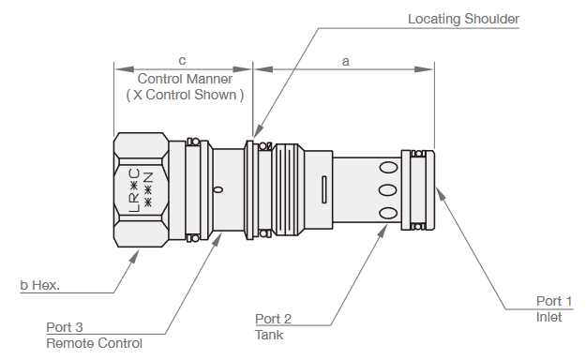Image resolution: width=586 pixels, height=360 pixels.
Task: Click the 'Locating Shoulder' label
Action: coord(463,19)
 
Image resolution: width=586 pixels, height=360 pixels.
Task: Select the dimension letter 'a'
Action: coord(345,61)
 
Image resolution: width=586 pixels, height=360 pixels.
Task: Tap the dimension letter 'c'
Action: coord(182,61)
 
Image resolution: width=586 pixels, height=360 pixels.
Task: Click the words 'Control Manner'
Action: coord(185,79)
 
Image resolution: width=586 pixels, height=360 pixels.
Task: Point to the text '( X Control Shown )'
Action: coord(185,95)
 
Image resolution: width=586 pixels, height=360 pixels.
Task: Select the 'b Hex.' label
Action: coord(39,285)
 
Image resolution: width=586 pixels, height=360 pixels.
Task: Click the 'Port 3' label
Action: coord(65,327)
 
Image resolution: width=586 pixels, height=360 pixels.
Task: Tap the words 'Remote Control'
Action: coord(94,343)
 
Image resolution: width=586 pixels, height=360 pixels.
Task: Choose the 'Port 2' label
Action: coord(274,318)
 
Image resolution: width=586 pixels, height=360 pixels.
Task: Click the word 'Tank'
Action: coord(268,335)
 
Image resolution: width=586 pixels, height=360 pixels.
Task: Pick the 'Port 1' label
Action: coord(553,301)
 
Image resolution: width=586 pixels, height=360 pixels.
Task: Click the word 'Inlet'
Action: coord(548,316)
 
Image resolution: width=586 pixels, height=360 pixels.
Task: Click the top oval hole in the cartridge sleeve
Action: coord(387,169)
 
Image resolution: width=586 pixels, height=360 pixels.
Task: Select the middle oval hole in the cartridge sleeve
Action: coord(387,190)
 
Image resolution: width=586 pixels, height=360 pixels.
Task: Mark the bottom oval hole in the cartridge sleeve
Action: coord(387,212)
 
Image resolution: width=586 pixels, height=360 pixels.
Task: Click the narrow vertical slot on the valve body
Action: coord(323,188)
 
